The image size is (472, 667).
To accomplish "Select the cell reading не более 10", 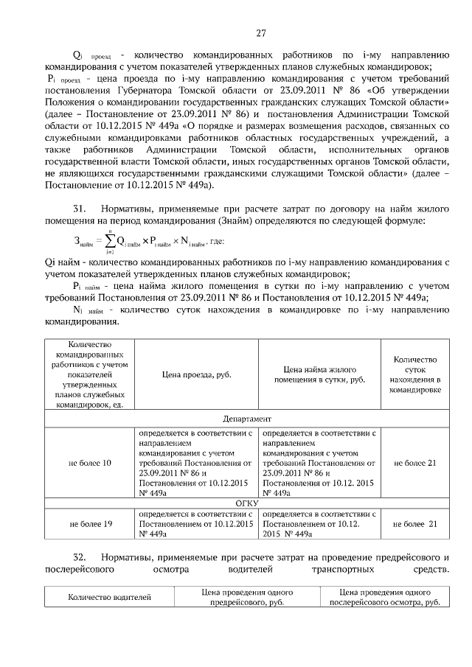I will point(90,463).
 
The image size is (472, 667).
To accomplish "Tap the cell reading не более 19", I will point(90,523).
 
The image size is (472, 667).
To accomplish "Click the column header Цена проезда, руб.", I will point(196,374).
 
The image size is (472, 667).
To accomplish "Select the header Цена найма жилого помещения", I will point(319,374).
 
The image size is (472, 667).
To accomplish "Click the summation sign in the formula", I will point(109,240).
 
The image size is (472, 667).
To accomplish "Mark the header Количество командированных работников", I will point(90,374).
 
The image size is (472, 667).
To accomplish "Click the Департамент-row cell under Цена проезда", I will point(196,463).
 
